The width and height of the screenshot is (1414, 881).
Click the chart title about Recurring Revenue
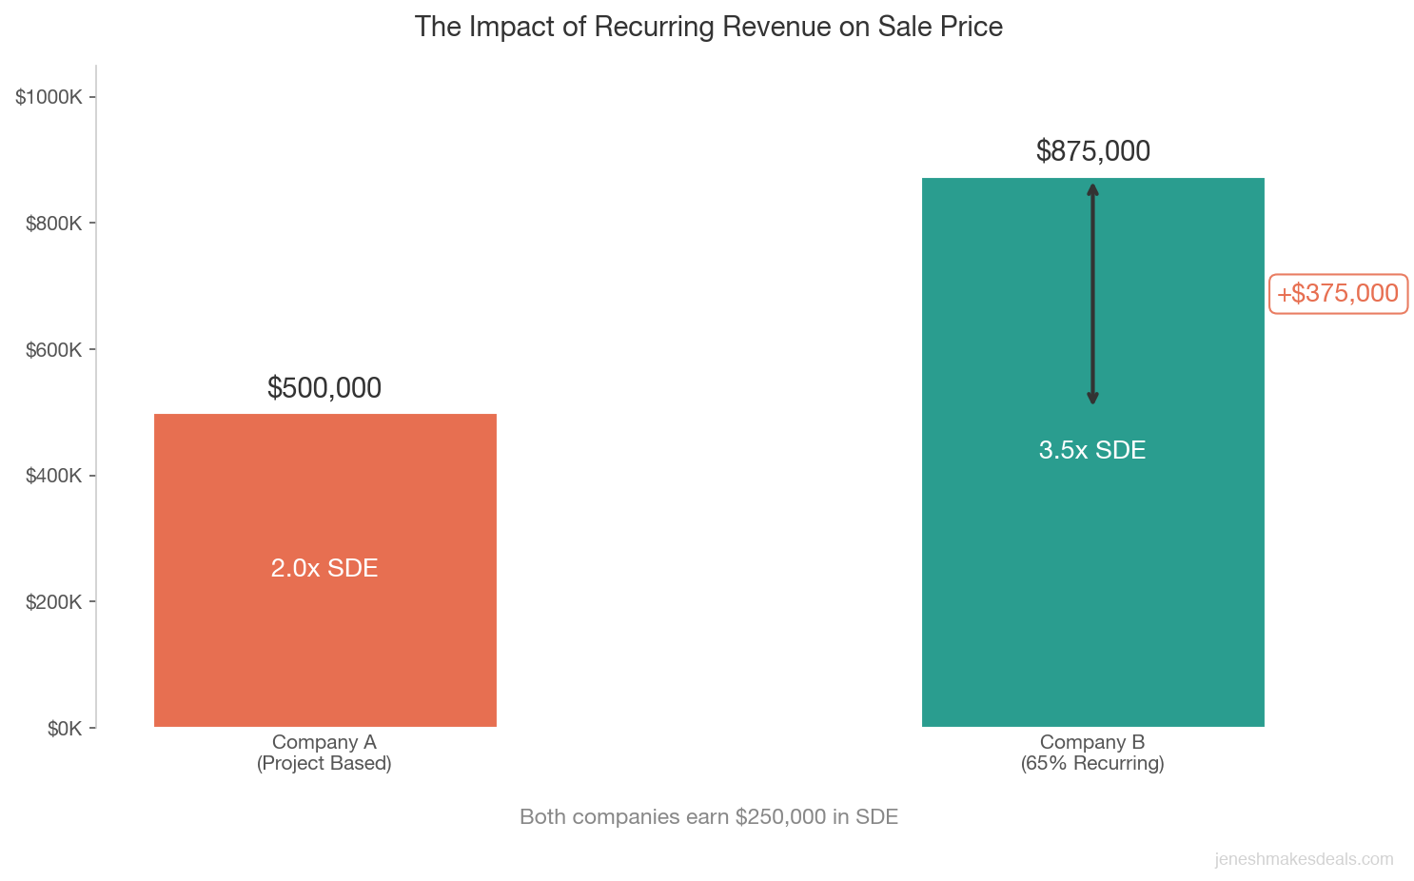[708, 27]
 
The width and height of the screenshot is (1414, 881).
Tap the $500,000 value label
[324, 388]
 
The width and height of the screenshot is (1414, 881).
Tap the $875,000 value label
[1092, 151]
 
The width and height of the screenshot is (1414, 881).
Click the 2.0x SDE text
[324, 568]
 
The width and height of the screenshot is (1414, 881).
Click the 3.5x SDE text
[1091, 450]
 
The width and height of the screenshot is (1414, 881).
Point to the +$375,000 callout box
[1338, 294]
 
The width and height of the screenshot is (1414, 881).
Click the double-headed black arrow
[1092, 295]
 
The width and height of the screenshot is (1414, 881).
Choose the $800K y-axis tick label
[52, 224]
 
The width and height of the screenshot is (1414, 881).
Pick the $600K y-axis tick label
[52, 350]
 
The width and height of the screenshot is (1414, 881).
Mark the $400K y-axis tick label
[52, 476]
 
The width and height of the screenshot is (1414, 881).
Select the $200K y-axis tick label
[52, 602]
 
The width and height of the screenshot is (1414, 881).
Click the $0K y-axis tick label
[64, 729]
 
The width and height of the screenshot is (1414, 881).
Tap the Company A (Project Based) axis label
[324, 753]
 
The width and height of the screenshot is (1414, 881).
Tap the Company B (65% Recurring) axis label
[1091, 753]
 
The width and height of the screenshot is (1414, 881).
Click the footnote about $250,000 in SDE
[708, 817]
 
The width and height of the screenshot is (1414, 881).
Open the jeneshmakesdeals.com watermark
[1304, 859]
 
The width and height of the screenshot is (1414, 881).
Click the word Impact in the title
[510, 27]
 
